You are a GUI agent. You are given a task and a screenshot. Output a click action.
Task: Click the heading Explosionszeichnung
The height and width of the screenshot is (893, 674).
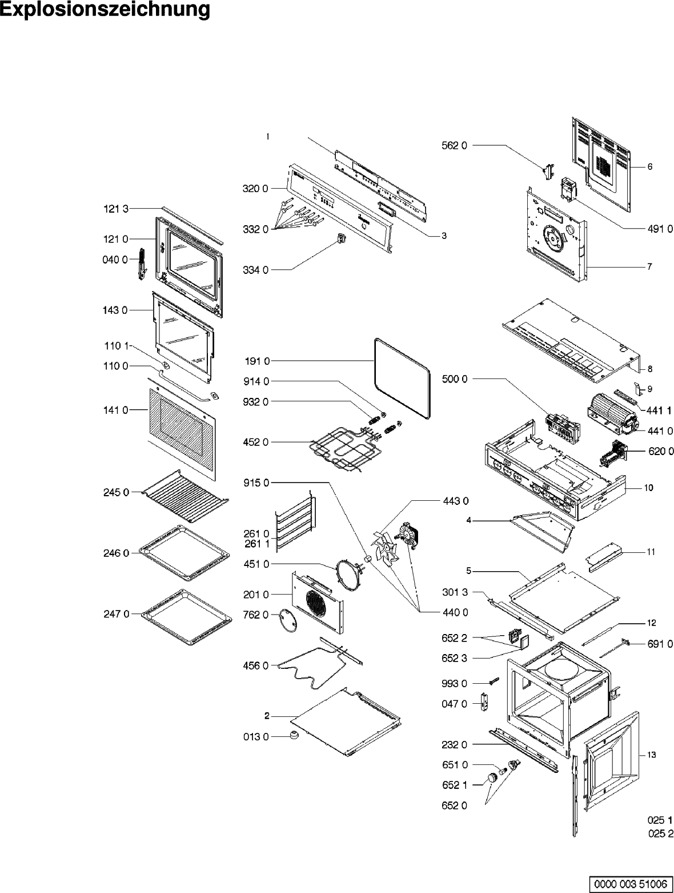[x=105, y=10]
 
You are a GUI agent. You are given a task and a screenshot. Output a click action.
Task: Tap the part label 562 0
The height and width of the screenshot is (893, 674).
[x=455, y=146]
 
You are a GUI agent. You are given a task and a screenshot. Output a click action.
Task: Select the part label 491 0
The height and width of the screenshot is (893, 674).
[x=660, y=229]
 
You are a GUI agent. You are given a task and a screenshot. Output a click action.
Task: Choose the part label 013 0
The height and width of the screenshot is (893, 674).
[x=256, y=737]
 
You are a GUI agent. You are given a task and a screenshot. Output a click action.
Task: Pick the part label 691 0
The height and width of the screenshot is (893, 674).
[x=660, y=644]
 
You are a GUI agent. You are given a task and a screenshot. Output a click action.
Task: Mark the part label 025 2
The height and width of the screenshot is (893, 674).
[x=660, y=834]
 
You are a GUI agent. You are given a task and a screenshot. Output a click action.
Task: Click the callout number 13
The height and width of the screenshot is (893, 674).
[x=651, y=755]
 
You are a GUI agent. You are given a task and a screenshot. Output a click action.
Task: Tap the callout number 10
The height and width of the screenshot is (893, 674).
[x=649, y=488]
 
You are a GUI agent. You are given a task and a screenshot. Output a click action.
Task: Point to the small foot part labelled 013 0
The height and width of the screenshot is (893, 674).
[x=295, y=735]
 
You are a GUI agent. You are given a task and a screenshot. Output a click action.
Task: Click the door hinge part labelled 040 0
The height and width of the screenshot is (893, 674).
[x=141, y=264]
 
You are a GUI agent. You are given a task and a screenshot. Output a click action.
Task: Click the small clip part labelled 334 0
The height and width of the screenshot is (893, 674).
[x=342, y=240]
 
